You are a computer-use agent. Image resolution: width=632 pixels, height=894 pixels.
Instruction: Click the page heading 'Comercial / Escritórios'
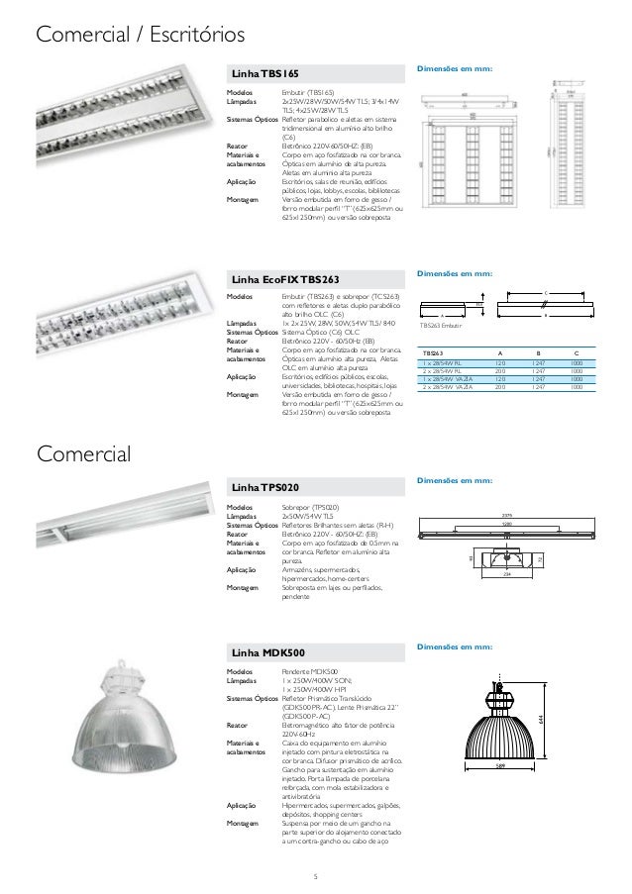(140, 37)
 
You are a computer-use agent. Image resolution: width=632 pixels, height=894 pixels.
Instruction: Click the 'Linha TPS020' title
(261, 488)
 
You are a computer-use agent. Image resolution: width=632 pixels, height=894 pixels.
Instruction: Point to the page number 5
(315, 875)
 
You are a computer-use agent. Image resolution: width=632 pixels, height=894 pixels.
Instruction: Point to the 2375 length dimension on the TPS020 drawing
(506, 516)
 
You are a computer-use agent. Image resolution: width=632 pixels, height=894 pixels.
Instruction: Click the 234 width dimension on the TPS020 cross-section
(506, 574)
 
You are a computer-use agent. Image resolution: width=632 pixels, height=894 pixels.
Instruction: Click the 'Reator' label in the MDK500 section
(237, 724)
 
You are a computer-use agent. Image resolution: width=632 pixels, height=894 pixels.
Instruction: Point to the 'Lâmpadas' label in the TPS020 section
(243, 516)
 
